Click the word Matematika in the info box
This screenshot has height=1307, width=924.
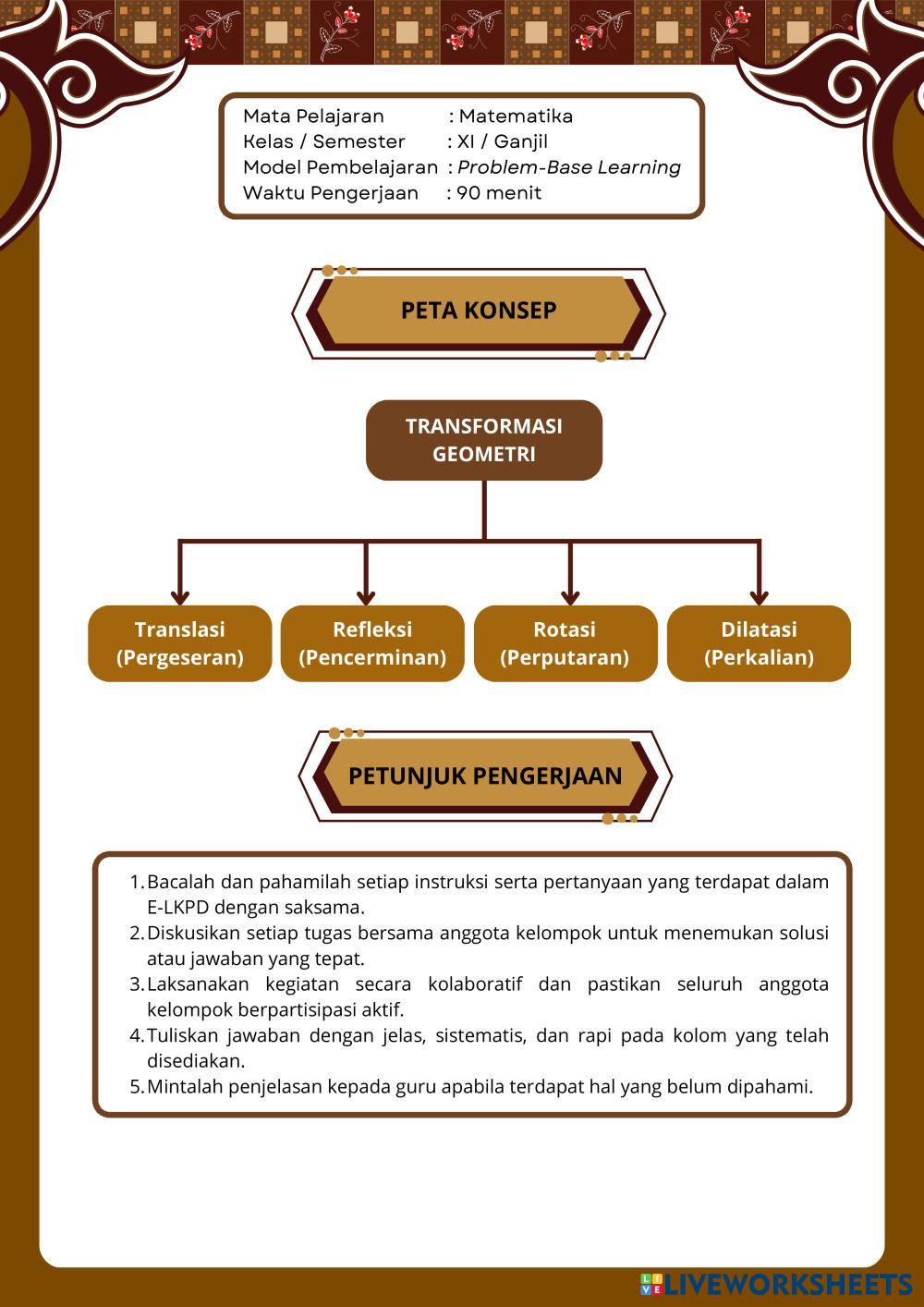click(516, 116)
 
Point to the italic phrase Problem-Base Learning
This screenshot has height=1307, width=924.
click(569, 167)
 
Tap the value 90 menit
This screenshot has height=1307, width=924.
click(499, 193)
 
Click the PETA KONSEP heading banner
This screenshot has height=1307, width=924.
click(479, 311)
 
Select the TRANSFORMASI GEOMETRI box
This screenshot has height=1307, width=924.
click(483, 440)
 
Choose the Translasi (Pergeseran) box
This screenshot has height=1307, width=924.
click(180, 643)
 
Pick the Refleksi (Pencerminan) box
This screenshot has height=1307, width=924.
click(372, 643)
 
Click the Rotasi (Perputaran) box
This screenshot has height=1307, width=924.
click(565, 643)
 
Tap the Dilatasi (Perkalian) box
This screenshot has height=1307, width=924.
click(759, 643)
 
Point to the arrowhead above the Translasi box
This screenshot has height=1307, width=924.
click(180, 596)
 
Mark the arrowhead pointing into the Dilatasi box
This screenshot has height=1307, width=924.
click(759, 596)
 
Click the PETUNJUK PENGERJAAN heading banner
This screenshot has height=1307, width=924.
click(485, 776)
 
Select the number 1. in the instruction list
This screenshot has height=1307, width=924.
click(137, 882)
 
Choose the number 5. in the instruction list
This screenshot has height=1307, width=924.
click(137, 1087)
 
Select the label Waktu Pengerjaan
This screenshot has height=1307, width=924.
click(330, 193)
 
